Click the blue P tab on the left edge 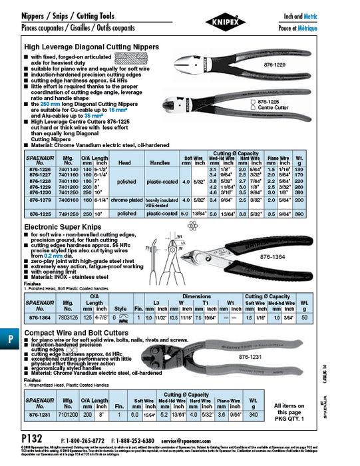(x=11, y=338)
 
